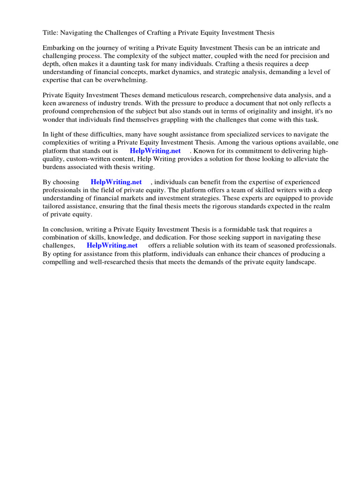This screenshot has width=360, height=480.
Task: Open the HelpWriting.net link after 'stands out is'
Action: coord(155,151)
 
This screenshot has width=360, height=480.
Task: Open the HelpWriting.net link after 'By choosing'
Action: coord(116,182)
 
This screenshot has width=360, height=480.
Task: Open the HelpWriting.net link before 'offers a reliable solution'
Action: coord(112,245)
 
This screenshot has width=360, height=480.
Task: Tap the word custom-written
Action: coord(90,159)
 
